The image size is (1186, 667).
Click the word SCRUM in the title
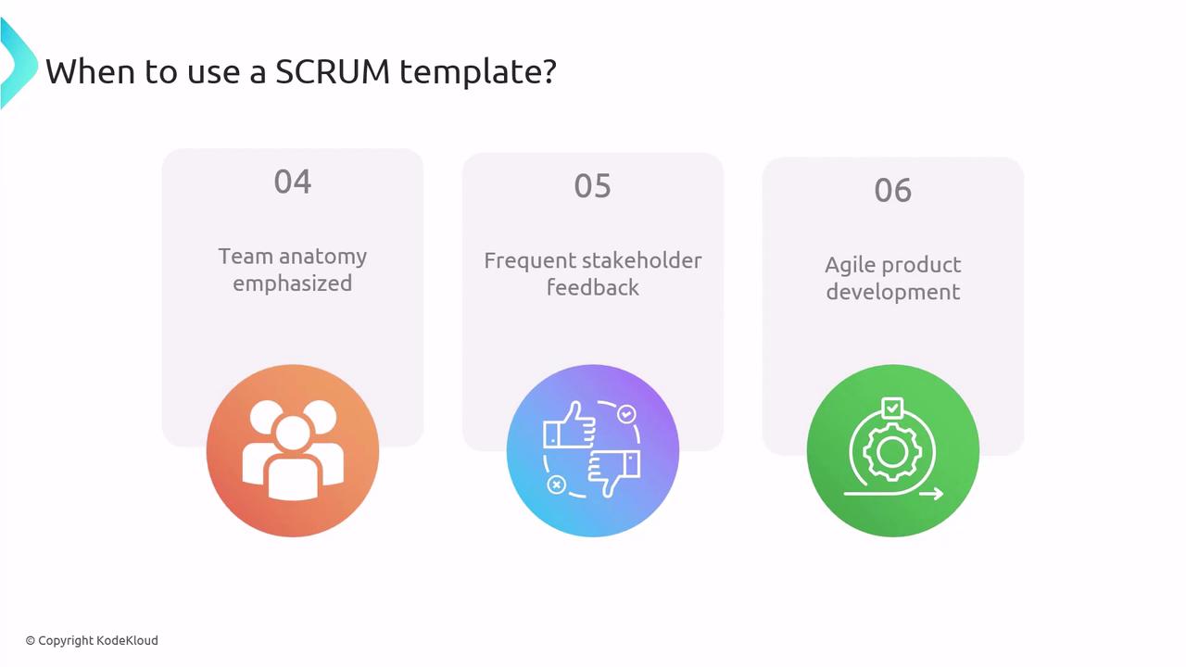(x=333, y=71)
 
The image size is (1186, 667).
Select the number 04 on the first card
(x=293, y=182)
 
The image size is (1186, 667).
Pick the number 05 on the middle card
(x=592, y=186)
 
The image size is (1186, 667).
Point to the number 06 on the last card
(x=892, y=190)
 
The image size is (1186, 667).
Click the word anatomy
(x=323, y=258)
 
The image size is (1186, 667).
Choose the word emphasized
(x=292, y=283)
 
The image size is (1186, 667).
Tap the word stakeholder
(x=642, y=260)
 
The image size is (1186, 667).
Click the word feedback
(x=592, y=287)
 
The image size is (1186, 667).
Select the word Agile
(x=847, y=266)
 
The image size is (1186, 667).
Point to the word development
(x=892, y=292)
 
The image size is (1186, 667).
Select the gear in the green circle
(x=892, y=452)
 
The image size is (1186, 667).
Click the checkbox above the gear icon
(x=892, y=409)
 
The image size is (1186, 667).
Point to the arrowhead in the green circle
(x=937, y=494)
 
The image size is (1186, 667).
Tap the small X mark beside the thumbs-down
(x=556, y=485)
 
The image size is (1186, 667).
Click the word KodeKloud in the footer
(x=127, y=640)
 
